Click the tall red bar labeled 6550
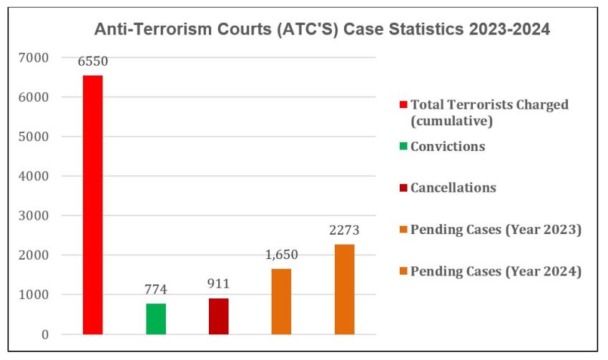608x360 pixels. (x=92, y=205)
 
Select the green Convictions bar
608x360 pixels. (x=155, y=318)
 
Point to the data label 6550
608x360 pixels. (x=92, y=62)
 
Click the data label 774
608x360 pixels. (x=155, y=290)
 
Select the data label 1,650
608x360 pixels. (x=281, y=255)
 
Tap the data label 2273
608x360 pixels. (x=344, y=230)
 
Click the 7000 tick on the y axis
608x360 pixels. (x=34, y=57)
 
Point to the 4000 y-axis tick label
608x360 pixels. (x=34, y=176)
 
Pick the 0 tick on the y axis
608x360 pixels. (x=44, y=334)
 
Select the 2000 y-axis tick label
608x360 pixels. (x=34, y=256)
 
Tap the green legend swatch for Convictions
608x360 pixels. (x=403, y=147)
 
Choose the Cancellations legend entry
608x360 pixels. (x=453, y=188)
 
